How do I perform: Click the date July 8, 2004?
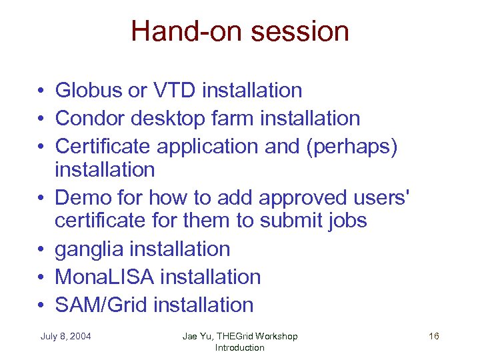tap(65, 336)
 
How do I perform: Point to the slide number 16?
tap(433, 336)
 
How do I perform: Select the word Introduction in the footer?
tap(239, 347)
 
